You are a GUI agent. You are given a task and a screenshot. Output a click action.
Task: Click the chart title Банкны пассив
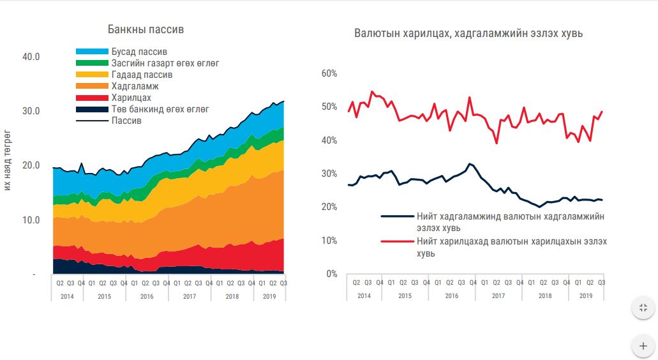pos(146,29)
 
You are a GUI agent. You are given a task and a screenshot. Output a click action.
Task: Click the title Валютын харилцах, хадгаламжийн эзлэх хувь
pos(468,33)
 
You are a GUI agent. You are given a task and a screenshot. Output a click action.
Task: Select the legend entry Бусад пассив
pos(138,52)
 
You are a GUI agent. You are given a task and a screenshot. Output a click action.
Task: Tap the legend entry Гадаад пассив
pos(142,75)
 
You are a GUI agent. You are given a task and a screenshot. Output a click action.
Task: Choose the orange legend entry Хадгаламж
pos(134,86)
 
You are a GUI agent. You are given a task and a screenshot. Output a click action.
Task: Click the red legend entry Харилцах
pos(131,98)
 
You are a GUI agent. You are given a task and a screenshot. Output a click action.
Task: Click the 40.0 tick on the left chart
pos(31,57)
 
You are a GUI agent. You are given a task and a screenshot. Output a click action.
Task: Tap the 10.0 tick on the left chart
pos(31,220)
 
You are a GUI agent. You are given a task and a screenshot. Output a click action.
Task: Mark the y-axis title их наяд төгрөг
pos(8,160)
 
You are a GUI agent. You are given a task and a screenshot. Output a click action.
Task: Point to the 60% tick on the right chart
pos(329,73)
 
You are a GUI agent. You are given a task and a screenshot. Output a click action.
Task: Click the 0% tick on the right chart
pos(331,274)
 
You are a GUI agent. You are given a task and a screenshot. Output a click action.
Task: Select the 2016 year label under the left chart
pos(147,296)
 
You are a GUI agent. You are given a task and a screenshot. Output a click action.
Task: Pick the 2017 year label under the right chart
pos(498,296)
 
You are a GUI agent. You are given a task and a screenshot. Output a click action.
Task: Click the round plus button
pos(643,346)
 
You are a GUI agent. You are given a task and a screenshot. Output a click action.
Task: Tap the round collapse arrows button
pos(643,308)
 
